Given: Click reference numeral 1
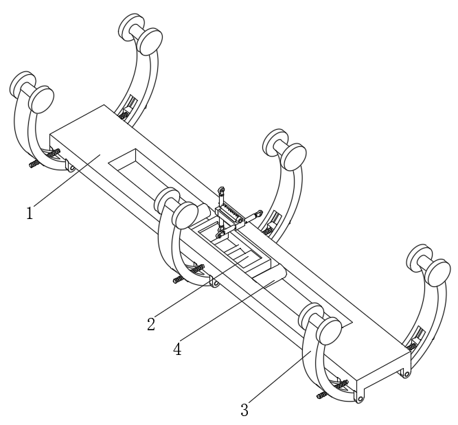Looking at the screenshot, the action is click(30, 213).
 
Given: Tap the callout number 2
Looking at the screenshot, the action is click(151, 324).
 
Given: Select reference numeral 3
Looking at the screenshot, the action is click(244, 410).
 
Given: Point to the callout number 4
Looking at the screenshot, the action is click(177, 349).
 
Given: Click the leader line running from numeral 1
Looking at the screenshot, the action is click(67, 180).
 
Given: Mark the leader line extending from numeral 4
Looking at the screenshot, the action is click(227, 310).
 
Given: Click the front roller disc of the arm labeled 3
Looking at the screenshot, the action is click(329, 331).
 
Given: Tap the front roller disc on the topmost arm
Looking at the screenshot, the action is click(150, 41).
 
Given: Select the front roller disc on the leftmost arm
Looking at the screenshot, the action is click(41, 100).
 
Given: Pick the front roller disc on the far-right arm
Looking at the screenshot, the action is click(437, 273).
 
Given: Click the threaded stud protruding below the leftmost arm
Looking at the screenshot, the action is click(34, 164).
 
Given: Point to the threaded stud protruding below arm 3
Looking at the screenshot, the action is click(321, 395).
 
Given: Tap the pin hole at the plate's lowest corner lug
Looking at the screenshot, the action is click(360, 398).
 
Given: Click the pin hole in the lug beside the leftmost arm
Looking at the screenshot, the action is click(71, 168).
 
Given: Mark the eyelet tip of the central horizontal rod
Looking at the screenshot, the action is click(258, 214).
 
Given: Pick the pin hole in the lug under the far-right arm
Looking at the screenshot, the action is click(407, 374).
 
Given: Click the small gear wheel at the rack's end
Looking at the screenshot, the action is click(240, 220).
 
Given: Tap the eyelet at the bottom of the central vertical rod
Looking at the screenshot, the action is click(220, 234).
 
